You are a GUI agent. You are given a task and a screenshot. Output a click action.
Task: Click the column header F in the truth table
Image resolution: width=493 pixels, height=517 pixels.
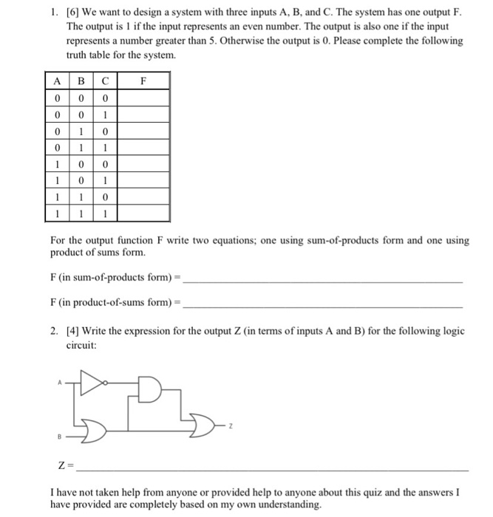click(x=144, y=81)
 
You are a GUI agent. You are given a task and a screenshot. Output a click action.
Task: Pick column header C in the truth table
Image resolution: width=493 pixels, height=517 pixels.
click(x=106, y=81)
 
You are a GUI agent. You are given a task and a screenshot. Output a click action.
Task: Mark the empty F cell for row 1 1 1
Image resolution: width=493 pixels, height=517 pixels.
click(x=144, y=213)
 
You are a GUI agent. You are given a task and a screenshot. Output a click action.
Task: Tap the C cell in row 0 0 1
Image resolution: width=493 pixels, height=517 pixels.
click(x=106, y=114)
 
